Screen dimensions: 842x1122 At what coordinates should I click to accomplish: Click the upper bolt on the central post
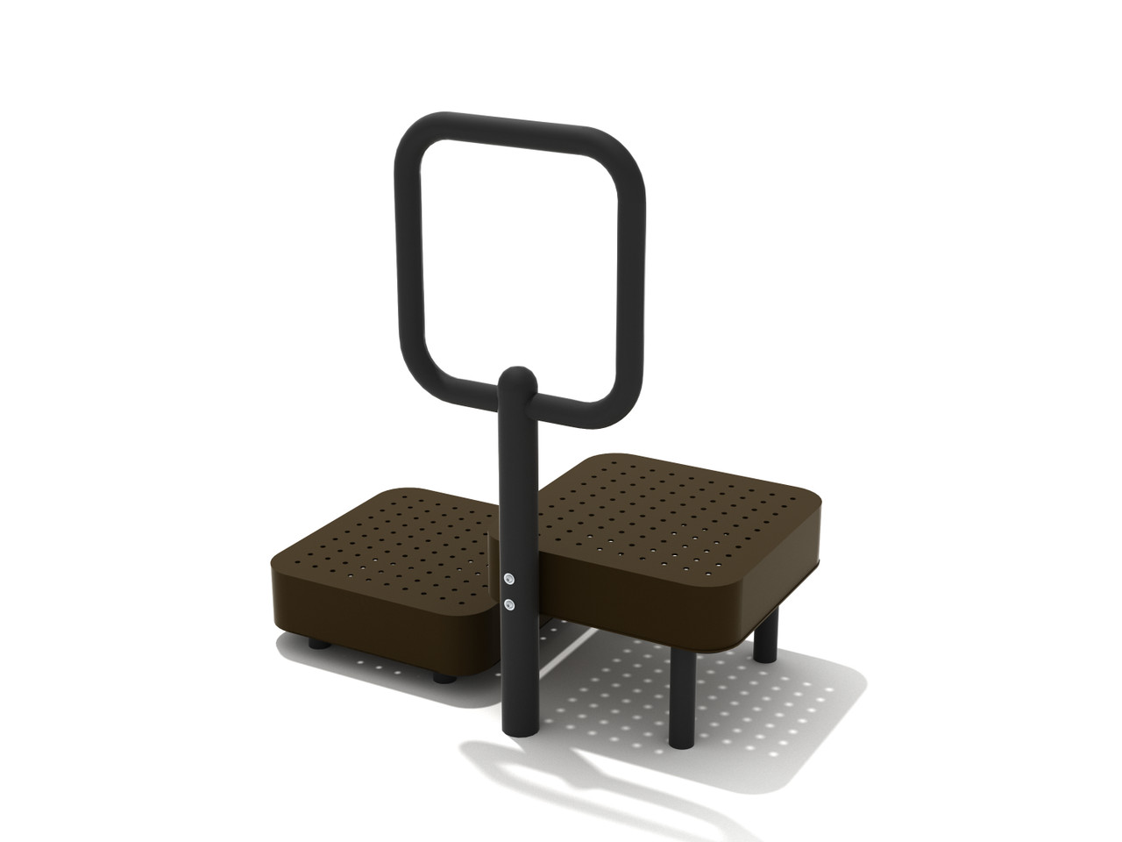[509, 578]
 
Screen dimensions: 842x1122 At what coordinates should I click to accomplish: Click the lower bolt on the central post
[509, 604]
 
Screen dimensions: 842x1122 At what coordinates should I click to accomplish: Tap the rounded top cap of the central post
[517, 377]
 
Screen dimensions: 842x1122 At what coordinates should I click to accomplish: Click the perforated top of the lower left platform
[394, 544]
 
